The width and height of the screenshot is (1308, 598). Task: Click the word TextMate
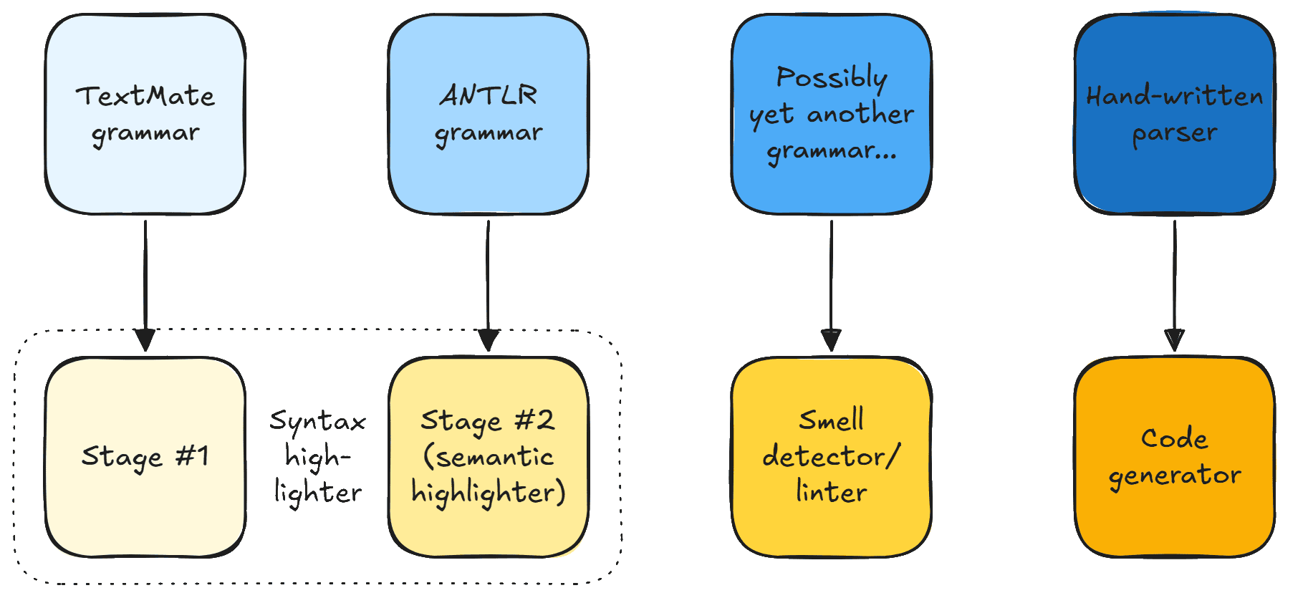click(145, 96)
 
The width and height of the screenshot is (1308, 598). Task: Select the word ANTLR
click(489, 95)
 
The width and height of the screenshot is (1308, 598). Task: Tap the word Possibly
click(832, 77)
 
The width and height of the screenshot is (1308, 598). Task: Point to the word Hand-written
click(1175, 96)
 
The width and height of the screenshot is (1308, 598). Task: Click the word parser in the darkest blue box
click(1175, 133)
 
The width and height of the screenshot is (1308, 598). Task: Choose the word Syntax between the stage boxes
click(317, 421)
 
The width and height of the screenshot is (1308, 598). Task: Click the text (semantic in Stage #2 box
click(489, 457)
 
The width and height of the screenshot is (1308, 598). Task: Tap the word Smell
click(831, 420)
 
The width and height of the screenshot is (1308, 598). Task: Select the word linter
click(831, 493)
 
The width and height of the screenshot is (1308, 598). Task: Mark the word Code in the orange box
click(1175, 438)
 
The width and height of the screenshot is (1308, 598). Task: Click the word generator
click(1175, 476)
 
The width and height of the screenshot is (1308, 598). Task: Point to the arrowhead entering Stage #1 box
click(145, 339)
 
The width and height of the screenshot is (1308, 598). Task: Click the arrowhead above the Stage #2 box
click(489, 339)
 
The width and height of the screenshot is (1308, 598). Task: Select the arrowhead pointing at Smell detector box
click(831, 339)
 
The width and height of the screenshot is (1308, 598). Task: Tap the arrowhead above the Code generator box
click(1175, 339)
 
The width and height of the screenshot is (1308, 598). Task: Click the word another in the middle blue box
click(860, 114)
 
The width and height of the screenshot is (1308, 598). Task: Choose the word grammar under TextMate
click(145, 133)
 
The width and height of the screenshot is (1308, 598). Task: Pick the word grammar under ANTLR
click(489, 133)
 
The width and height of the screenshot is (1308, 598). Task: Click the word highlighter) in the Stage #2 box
click(489, 493)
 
